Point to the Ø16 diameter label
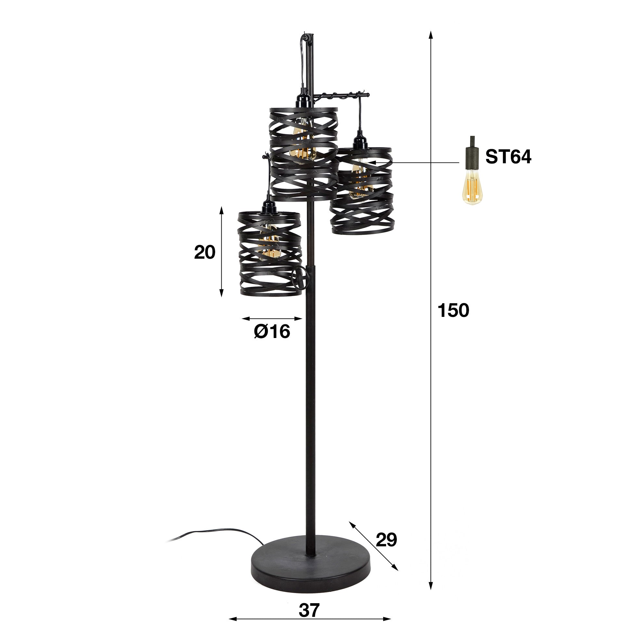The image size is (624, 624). click(x=272, y=332)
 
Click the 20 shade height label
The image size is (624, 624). click(x=205, y=253)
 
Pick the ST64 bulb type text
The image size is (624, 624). click(x=508, y=157)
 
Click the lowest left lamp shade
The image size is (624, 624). click(x=269, y=253)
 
